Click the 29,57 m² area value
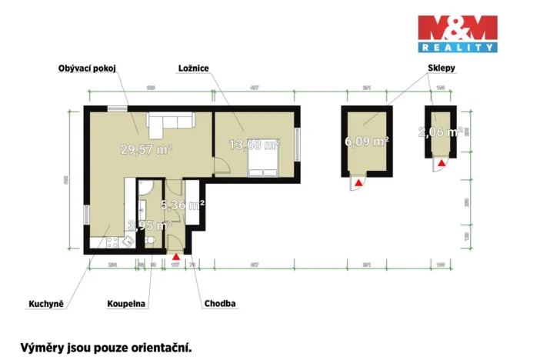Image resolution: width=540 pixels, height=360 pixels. [x=146, y=149]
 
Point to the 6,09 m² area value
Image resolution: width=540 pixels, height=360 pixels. [x=366, y=142]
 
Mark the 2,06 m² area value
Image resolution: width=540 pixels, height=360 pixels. [x=439, y=132]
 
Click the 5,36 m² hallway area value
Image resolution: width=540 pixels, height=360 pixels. [x=181, y=205]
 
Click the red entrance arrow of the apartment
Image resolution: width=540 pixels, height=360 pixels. [x=177, y=256]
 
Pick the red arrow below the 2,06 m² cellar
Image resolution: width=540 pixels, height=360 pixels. [x=442, y=162]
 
